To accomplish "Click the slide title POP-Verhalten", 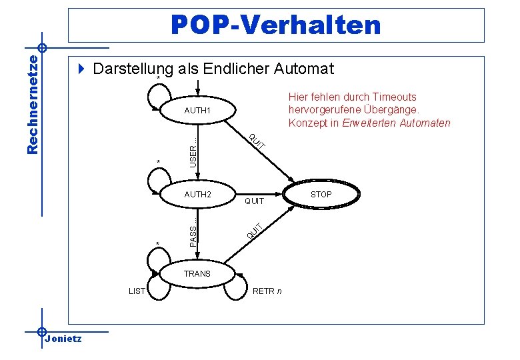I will tap(276, 25).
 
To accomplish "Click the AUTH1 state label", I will tap(197, 110).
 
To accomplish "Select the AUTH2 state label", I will tap(197, 195).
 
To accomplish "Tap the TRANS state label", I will tap(197, 274).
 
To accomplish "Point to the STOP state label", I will tap(321, 195).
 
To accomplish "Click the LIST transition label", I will tap(137, 291).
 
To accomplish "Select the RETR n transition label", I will tap(267, 291).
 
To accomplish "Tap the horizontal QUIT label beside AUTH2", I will tap(255, 201).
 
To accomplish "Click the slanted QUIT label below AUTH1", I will tap(257, 141).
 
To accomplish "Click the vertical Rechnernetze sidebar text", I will tap(32, 103).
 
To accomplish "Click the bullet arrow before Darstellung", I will tap(81, 69).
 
